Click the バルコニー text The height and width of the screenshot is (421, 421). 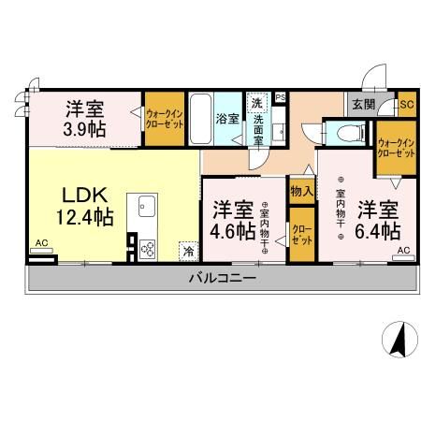coord(223,278)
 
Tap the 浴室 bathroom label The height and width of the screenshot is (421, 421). coord(226,119)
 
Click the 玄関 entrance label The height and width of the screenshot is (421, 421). coord(363,104)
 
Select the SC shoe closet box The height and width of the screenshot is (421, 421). coord(405,104)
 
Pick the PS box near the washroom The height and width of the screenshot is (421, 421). coord(280,97)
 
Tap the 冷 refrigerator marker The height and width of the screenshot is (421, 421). coord(188,250)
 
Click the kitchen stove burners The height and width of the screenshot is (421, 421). coord(148,247)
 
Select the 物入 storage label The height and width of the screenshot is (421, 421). coord(300,191)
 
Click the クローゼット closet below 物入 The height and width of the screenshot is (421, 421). coord(300,233)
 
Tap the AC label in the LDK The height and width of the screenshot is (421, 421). coord(40,243)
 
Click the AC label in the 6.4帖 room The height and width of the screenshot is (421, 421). coord(402,251)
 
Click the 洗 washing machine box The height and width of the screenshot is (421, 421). coord(256,103)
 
